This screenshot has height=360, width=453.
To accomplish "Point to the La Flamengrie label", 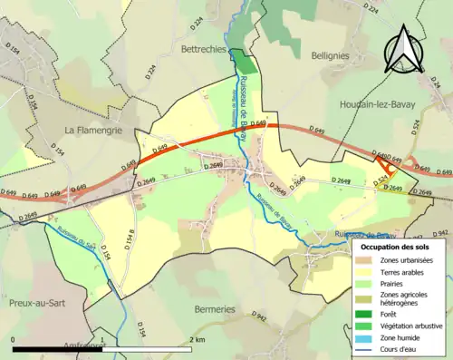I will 93,131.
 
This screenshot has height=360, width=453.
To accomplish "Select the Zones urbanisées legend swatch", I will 367,260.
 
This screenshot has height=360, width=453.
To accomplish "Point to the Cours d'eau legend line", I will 367,348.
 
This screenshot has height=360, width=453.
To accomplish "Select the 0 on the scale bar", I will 13,339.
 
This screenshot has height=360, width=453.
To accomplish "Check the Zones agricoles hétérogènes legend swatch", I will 367,298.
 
